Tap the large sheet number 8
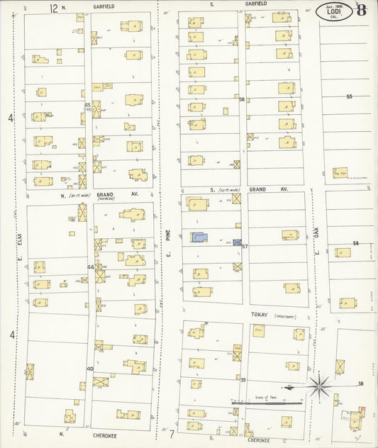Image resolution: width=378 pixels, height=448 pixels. coord(362,10)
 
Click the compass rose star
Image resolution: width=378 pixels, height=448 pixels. coord(319,387)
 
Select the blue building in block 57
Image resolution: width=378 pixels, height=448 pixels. coord(199,238)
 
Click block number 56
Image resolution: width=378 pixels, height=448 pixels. coord(242,100)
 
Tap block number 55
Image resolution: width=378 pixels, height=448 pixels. coord(349,96)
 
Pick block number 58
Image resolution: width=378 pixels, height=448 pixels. coord(356,243)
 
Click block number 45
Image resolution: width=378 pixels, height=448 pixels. coord(87,105)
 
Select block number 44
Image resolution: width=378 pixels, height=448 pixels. coord(90,267)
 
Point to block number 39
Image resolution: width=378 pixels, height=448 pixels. coord(243,380)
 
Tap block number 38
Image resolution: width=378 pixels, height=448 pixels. coord(360,383)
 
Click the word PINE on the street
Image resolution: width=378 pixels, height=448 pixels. coord(169,230)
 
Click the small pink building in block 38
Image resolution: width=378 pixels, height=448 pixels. coord(363,410)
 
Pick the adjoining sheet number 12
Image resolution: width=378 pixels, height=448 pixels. coord(53,7)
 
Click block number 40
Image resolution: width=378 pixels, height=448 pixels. coord(90,369)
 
